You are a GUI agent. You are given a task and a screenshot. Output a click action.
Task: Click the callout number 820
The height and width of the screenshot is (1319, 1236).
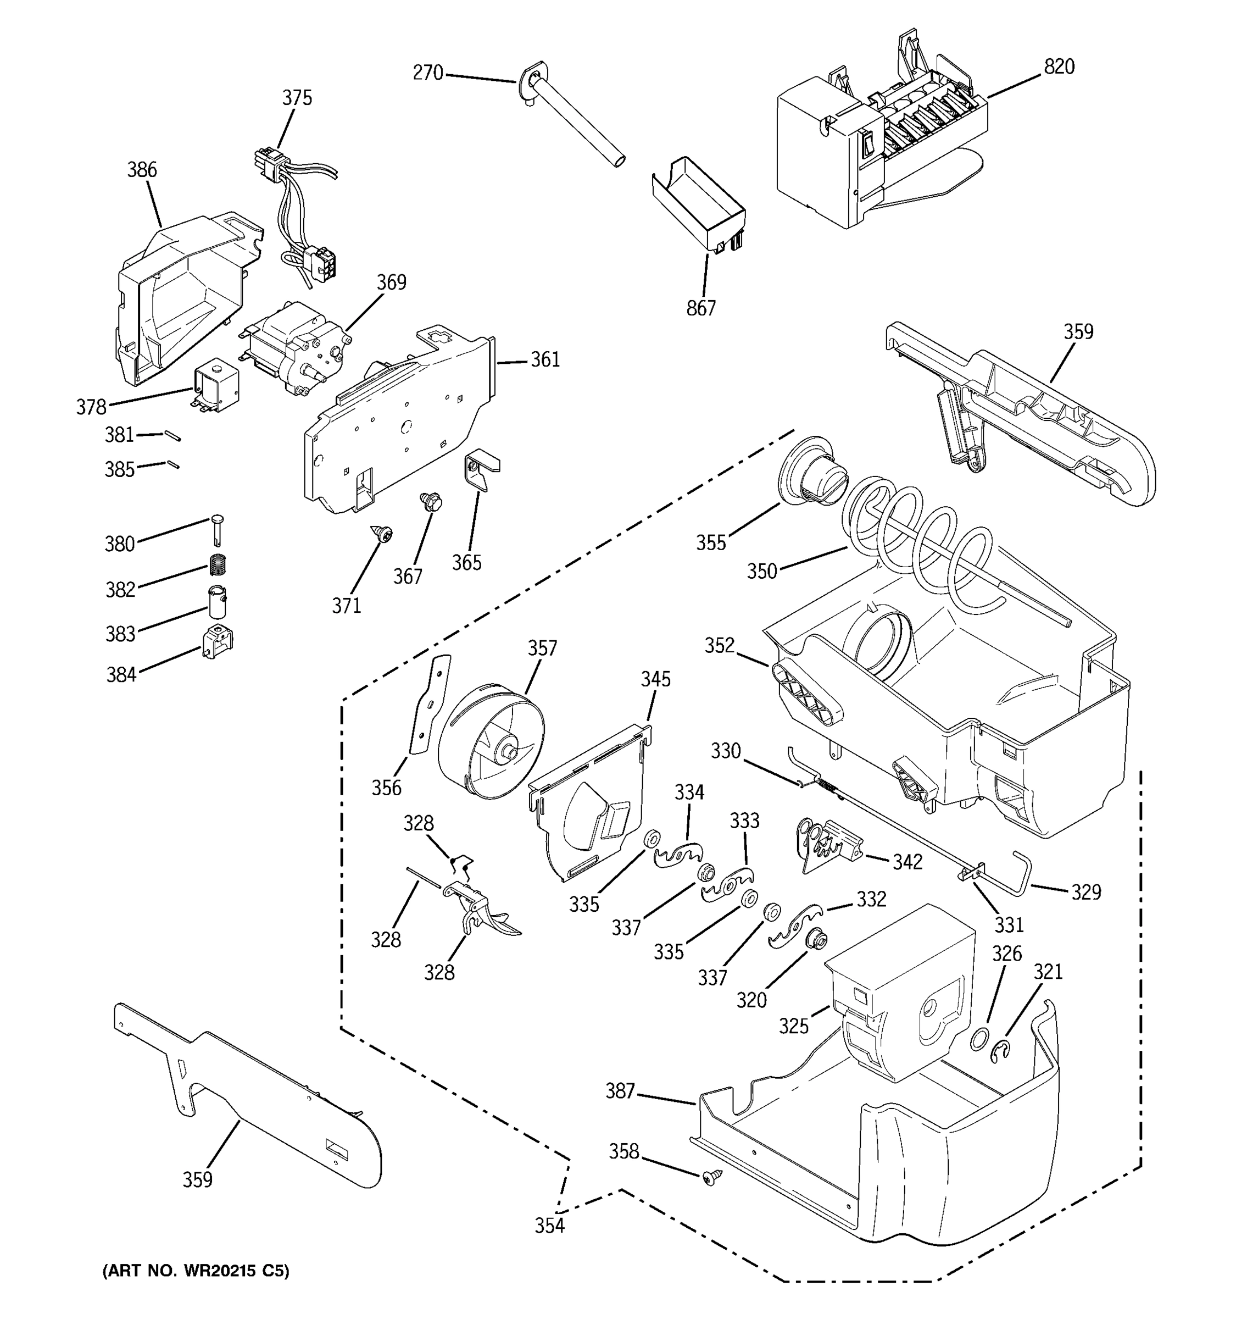pyautogui.click(x=1059, y=67)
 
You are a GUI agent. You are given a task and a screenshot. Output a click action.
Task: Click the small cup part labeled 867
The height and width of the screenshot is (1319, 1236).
pyautogui.click(x=699, y=202)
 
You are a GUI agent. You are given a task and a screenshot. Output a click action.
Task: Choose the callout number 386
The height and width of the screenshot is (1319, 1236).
pyautogui.click(x=142, y=170)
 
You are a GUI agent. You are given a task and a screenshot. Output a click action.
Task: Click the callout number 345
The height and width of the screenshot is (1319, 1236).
pyautogui.click(x=655, y=679)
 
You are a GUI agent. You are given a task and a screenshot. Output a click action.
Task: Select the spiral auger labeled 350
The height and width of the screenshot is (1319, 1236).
pyautogui.click(x=922, y=551)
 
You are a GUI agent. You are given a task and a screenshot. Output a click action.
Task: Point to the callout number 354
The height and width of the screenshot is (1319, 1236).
pyautogui.click(x=550, y=1226)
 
